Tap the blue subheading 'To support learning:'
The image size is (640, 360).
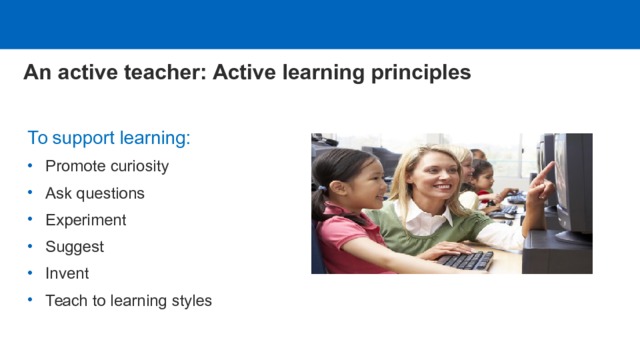108,137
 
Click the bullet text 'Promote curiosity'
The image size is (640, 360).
107,166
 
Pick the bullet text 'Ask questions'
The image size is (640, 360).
95,193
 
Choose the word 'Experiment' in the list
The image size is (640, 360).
86,220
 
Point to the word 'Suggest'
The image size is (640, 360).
74,246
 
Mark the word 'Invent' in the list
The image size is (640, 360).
67,273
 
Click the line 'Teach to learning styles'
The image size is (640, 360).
128,300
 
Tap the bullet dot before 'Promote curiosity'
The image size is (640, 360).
31,166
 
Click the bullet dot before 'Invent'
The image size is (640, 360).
31,273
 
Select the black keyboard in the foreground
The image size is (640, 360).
465,260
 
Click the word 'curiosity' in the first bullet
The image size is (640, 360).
139,166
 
